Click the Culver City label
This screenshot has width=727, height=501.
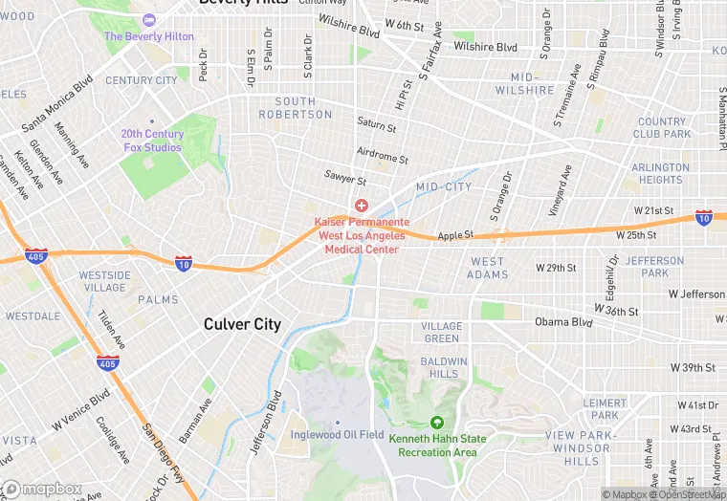click(242, 324)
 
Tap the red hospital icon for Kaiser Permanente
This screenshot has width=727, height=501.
click(362, 206)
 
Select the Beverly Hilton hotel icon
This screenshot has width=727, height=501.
click(148, 20)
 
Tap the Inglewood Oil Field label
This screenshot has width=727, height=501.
click(338, 435)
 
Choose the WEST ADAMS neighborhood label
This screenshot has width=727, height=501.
click(487, 268)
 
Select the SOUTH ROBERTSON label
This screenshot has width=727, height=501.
click(296, 108)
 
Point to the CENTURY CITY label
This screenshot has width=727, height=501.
click(142, 80)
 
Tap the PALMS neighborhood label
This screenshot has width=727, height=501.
click(157, 299)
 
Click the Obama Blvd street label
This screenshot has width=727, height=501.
click(564, 321)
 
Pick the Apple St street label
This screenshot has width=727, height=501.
click(455, 236)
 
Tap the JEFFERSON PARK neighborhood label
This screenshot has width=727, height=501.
click(655, 267)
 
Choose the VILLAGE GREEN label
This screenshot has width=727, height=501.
click(441, 332)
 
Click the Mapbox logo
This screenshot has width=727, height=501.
click(42, 489)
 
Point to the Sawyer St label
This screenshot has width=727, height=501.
click(345, 179)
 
